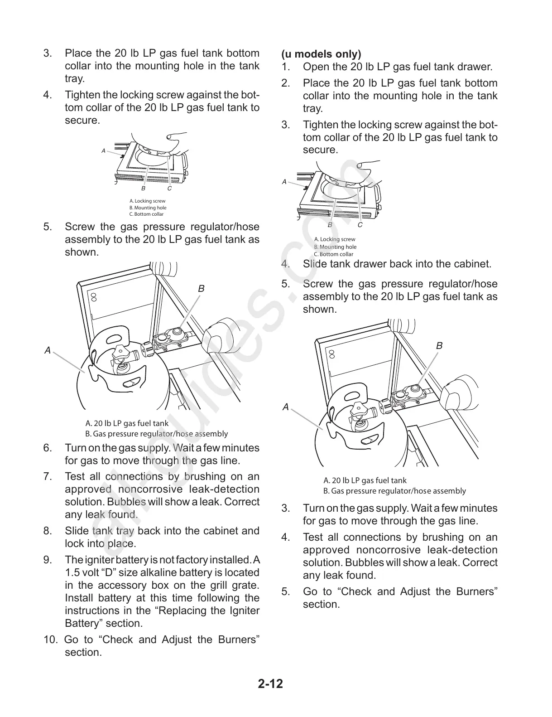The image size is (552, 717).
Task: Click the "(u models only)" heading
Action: (x=321, y=54)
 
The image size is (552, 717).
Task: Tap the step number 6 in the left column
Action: (x=48, y=448)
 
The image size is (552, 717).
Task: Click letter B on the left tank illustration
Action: (x=201, y=289)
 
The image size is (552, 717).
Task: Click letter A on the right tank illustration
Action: (x=285, y=407)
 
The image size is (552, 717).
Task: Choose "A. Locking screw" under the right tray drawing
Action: (x=335, y=239)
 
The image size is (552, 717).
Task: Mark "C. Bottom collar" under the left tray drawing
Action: (x=146, y=214)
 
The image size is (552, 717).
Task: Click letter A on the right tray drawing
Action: (x=284, y=182)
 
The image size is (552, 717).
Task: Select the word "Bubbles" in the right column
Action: (x=362, y=563)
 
